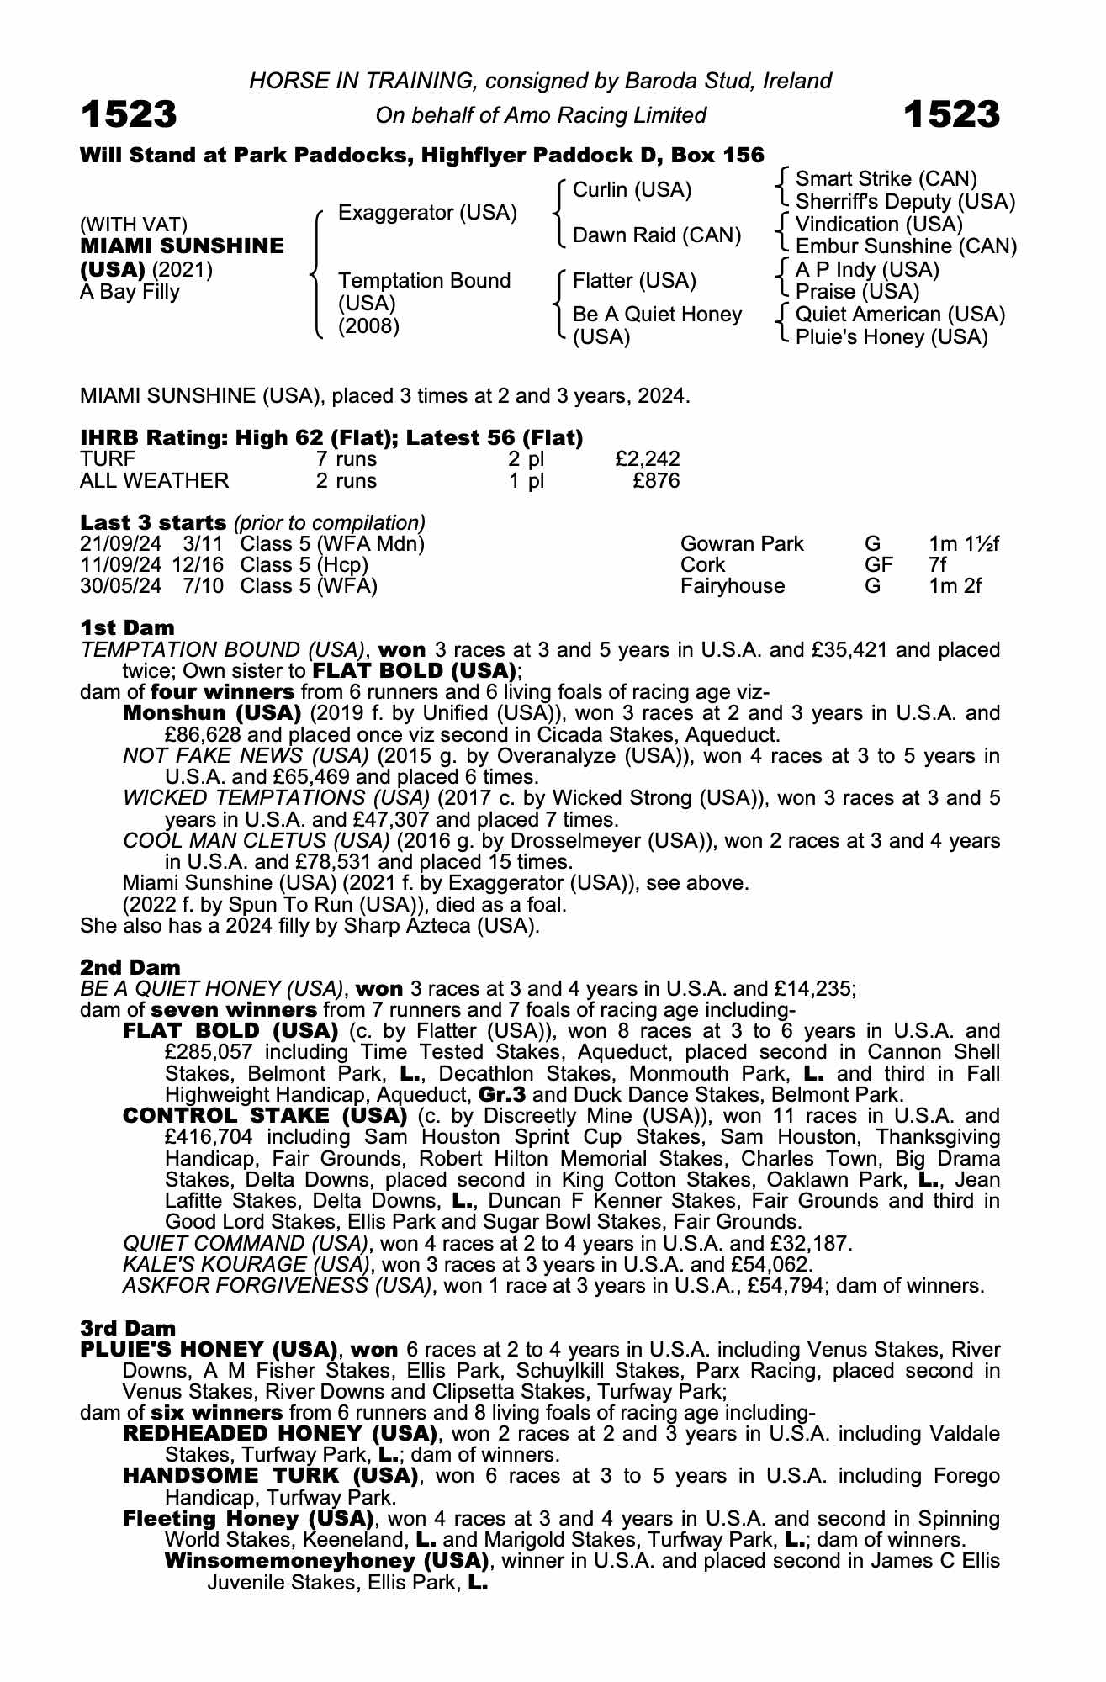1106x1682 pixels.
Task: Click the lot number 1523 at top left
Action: click(x=129, y=114)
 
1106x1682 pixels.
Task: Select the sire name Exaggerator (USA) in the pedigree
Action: click(x=427, y=213)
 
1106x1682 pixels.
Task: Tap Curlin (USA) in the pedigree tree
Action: click(x=632, y=190)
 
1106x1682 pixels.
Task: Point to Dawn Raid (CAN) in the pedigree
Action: click(x=657, y=235)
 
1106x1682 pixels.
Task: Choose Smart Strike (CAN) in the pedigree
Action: click(x=886, y=179)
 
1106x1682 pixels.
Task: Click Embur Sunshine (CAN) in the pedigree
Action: click(x=906, y=246)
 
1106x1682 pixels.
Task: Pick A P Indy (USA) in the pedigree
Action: click(x=867, y=269)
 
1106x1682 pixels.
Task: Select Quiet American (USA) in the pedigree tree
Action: click(x=900, y=315)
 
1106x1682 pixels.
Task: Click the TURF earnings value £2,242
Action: click(x=647, y=459)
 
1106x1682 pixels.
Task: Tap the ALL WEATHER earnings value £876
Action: click(x=656, y=481)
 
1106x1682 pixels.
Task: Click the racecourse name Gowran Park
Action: click(x=742, y=544)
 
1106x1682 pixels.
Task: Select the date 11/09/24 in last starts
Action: click(x=120, y=565)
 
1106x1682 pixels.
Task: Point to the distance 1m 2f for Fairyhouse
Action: click(x=955, y=586)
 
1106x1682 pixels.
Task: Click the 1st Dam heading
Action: click(x=127, y=627)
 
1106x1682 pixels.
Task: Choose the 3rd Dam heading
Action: click(x=128, y=1328)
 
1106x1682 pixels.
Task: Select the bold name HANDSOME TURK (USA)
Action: click(x=270, y=1475)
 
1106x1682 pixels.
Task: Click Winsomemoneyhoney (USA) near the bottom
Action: click(x=326, y=1561)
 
